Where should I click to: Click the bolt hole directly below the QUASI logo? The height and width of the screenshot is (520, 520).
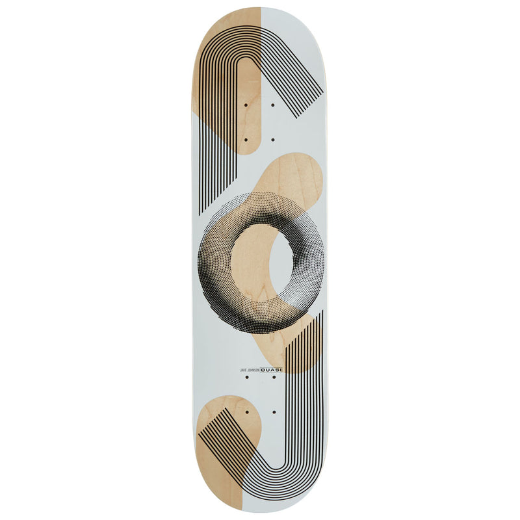[274, 377]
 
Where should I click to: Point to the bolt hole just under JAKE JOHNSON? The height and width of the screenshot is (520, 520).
[247, 377]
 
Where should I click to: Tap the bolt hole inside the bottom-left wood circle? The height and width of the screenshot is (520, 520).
[247, 412]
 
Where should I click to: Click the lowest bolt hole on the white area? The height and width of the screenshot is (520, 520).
[274, 412]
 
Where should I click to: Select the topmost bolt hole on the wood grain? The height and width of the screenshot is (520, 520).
[246, 105]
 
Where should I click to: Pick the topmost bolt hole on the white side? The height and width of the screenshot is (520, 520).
[273, 105]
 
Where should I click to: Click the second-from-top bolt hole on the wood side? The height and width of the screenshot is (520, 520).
[246, 140]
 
